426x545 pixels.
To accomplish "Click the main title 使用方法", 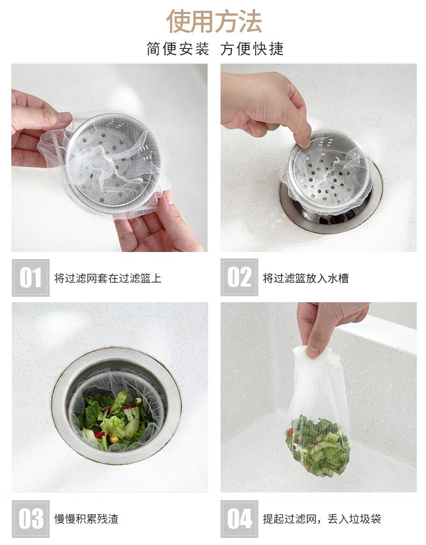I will pyautogui.click(x=214, y=22).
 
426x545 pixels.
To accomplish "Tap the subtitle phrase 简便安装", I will pyautogui.click(x=178, y=49).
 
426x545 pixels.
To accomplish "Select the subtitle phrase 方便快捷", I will pyautogui.click(x=252, y=49).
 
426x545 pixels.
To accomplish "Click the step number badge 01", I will pyautogui.click(x=31, y=278).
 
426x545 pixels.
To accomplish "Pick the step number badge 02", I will pyautogui.click(x=239, y=277).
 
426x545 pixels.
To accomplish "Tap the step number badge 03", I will pyautogui.click(x=31, y=519).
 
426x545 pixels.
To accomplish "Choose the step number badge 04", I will pyautogui.click(x=239, y=519).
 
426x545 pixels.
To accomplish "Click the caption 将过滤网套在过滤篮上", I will pyautogui.click(x=108, y=278).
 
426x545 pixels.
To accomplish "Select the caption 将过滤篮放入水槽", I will pyautogui.click(x=306, y=278).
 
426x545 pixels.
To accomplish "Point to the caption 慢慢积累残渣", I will pyautogui.click(x=86, y=519).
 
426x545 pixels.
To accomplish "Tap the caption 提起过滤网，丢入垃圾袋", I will pyautogui.click(x=322, y=519).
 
